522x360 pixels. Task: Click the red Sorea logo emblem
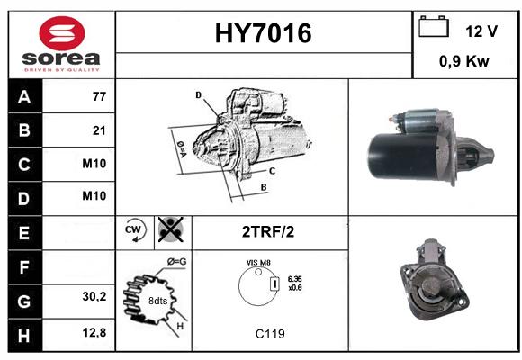[x=62, y=33]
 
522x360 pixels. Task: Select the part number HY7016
[x=264, y=33]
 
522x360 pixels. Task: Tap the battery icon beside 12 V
[x=434, y=26]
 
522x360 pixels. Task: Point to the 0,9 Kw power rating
[x=464, y=61]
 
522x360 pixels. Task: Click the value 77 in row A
[x=99, y=96]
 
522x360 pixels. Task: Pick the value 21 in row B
[x=99, y=130]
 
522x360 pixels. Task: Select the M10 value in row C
[x=94, y=164]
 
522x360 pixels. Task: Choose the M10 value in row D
[x=94, y=196]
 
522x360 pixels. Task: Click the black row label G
[x=25, y=301]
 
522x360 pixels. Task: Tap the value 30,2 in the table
[x=94, y=296]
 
